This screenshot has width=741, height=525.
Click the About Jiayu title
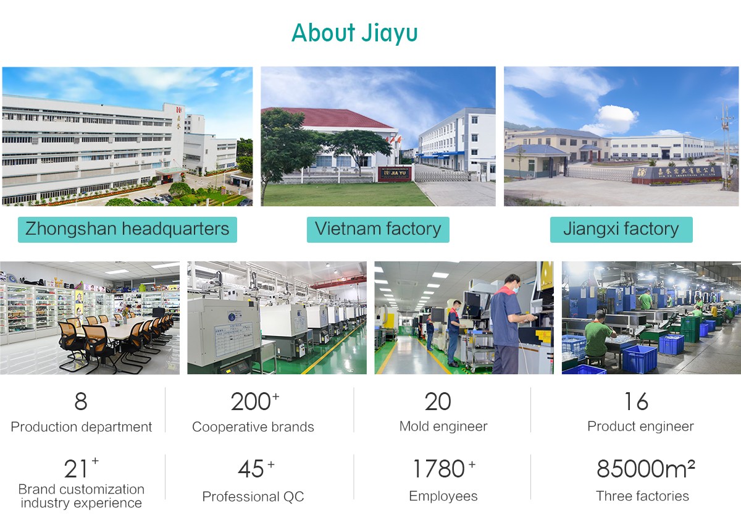(x=354, y=33)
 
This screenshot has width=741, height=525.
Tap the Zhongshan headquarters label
(x=127, y=229)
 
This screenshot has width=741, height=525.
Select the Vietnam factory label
(x=378, y=229)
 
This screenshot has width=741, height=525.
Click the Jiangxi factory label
(x=621, y=229)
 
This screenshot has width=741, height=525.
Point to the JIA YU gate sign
(x=395, y=174)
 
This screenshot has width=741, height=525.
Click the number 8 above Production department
(x=81, y=401)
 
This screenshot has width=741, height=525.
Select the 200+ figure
(x=254, y=401)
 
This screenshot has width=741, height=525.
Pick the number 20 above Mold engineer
(x=438, y=401)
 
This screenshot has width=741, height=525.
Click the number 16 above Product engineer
(x=637, y=401)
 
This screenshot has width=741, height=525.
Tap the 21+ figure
(x=81, y=468)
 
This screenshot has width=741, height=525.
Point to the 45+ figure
(x=256, y=468)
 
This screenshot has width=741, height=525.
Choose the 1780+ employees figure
(x=444, y=468)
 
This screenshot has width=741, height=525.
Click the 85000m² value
(x=646, y=468)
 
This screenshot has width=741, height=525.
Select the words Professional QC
(x=253, y=497)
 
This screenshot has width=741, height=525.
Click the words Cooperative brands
(x=253, y=427)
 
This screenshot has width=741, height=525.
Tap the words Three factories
(x=642, y=496)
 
